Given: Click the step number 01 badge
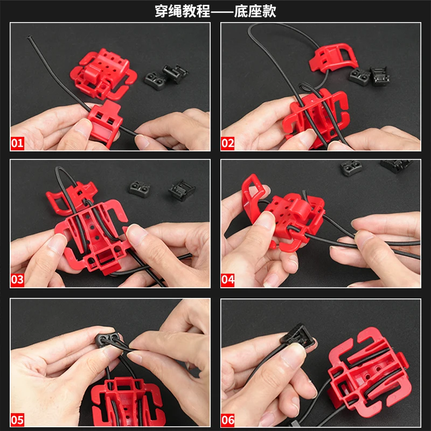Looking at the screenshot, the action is (x=17, y=143).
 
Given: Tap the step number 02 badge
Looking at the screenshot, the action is (x=227, y=143).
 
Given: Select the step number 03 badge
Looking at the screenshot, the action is (x=17, y=280).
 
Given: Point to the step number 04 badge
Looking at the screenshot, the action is (x=227, y=280).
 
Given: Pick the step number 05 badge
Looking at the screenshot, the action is (x=17, y=420).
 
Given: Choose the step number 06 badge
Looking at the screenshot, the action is (x=227, y=420).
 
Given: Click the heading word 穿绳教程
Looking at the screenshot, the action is (x=182, y=11).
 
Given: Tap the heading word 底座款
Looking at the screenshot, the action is (x=255, y=11).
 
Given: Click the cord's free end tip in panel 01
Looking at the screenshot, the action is (x=29, y=37).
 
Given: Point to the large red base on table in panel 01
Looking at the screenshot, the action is (x=103, y=74).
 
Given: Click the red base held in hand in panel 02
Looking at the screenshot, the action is (x=316, y=117).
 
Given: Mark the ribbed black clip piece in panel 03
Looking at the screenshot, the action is (x=182, y=190).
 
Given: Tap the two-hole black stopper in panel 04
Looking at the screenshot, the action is (x=351, y=167).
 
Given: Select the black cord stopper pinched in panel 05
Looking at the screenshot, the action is (x=108, y=338).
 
